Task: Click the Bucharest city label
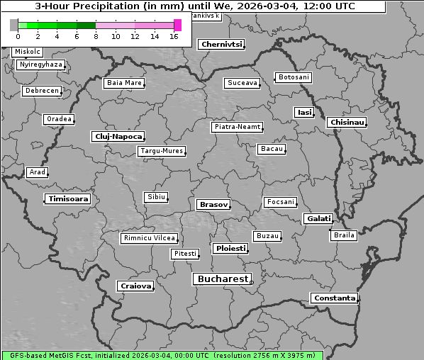pyautogui.click(x=223, y=279)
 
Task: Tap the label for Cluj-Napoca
pyautogui.click(x=118, y=136)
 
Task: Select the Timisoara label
pyautogui.click(x=68, y=199)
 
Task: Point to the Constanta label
pyautogui.click(x=334, y=298)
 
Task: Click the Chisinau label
pyautogui.click(x=347, y=123)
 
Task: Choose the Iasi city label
pyautogui.click(x=304, y=112)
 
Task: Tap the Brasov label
pyautogui.click(x=213, y=204)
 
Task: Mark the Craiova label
pyautogui.click(x=135, y=286)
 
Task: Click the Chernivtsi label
pyautogui.click(x=222, y=44)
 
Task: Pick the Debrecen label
pyautogui.click(x=41, y=91)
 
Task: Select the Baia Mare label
pyautogui.click(x=124, y=83)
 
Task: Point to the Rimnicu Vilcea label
pyautogui.click(x=149, y=238)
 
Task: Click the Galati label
pyautogui.click(x=318, y=219)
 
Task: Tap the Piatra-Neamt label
pyautogui.click(x=237, y=127)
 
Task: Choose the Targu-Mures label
pyautogui.click(x=162, y=151)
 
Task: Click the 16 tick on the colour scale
pyautogui.click(x=174, y=36)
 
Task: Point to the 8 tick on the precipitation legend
pyautogui.click(x=95, y=36)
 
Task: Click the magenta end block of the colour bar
pyautogui.click(x=177, y=25)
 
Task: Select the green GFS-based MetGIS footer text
pyautogui.click(x=162, y=355)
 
